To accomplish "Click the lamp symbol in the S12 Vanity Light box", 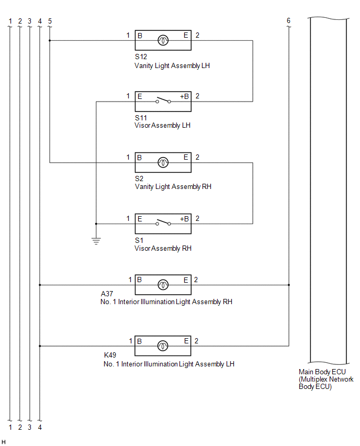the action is click(x=163, y=40).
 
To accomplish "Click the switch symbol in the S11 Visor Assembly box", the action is click(x=163, y=100).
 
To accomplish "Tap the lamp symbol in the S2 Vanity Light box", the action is click(x=163, y=162).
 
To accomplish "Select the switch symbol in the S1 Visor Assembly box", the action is click(x=163, y=222).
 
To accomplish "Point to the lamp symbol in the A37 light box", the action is click(x=163, y=285).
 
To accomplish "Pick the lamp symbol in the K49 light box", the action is click(x=163, y=346).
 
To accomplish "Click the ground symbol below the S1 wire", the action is click(x=96, y=241).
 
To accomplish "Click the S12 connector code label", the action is click(x=141, y=57).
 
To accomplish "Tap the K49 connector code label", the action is click(x=110, y=355).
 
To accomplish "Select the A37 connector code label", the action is click(x=107, y=294).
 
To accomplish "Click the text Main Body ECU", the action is click(x=322, y=372).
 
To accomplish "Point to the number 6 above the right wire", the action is click(x=289, y=20).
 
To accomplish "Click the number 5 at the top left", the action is click(x=50, y=21).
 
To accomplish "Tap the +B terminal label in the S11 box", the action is click(x=184, y=96).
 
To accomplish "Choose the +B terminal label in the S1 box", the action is click(x=184, y=219).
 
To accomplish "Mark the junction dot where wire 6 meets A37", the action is click(x=289, y=285).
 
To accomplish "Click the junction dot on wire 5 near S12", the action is click(x=50, y=41).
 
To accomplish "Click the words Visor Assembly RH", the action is click(x=163, y=248).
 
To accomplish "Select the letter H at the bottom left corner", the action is click(x=4, y=442).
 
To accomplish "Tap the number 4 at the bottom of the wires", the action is click(x=40, y=427).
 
